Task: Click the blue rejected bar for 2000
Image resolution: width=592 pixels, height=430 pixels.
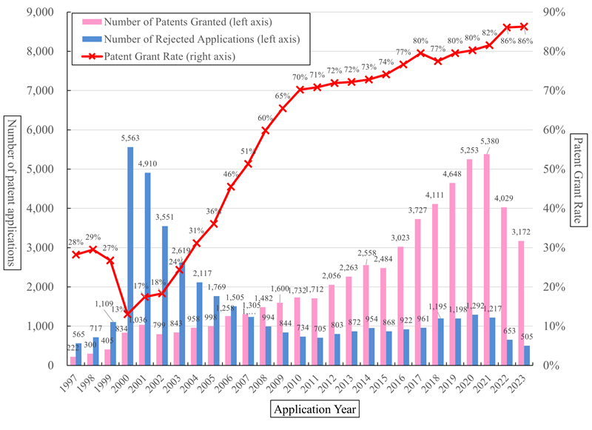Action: coord(130,255)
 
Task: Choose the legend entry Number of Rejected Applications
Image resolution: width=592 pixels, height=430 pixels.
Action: coord(185,38)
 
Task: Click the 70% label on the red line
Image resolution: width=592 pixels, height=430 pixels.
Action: coord(300,78)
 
